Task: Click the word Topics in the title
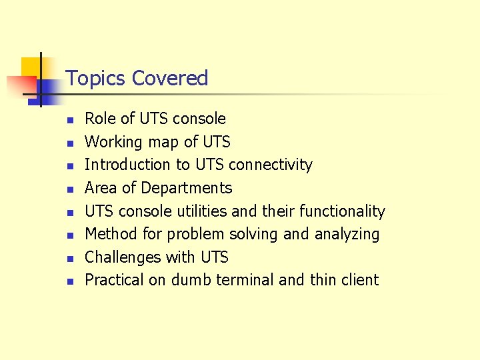coord(96,79)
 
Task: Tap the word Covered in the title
coord(170,79)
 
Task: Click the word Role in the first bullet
coord(100,119)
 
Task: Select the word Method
coord(111,234)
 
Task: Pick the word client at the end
coord(363,280)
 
